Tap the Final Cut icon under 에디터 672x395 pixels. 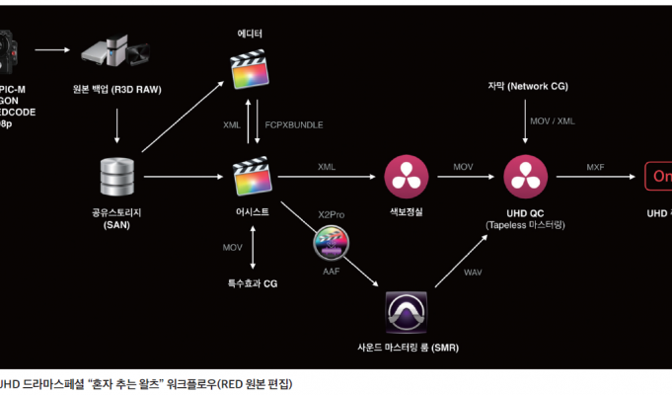point(250,69)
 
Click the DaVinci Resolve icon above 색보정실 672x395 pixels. point(404,177)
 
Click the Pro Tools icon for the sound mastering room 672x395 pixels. point(406,315)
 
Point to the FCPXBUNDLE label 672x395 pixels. point(294,125)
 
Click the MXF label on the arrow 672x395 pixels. point(595,167)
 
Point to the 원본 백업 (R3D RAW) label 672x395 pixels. point(117,88)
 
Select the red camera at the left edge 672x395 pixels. point(9,46)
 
